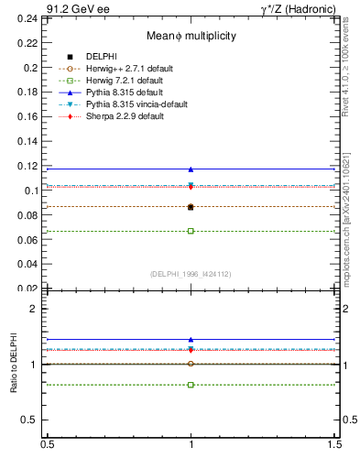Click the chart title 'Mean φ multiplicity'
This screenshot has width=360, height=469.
[191, 36]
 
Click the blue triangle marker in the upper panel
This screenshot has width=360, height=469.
[191, 169]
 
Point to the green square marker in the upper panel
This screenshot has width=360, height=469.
[191, 231]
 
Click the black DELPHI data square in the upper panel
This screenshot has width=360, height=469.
[191, 207]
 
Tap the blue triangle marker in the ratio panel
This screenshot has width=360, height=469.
[191, 340]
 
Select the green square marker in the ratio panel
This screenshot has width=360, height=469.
[191, 385]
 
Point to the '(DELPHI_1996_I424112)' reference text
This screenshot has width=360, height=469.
[191, 274]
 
